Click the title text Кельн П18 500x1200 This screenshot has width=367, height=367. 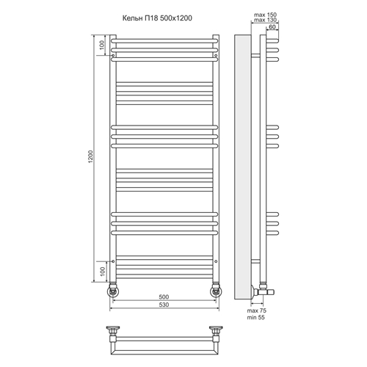click(157, 18)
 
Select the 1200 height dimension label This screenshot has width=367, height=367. click(91, 157)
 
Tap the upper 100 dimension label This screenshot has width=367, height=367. click(102, 45)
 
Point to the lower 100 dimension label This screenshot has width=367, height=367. click(103, 272)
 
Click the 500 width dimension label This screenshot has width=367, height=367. click(164, 297)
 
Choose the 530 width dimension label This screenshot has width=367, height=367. click(164, 305)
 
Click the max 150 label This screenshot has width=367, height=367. click(265, 15)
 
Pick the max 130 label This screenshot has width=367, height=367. click(265, 20)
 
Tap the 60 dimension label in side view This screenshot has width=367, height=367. click(272, 27)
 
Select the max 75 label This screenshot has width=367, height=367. click(257, 310)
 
